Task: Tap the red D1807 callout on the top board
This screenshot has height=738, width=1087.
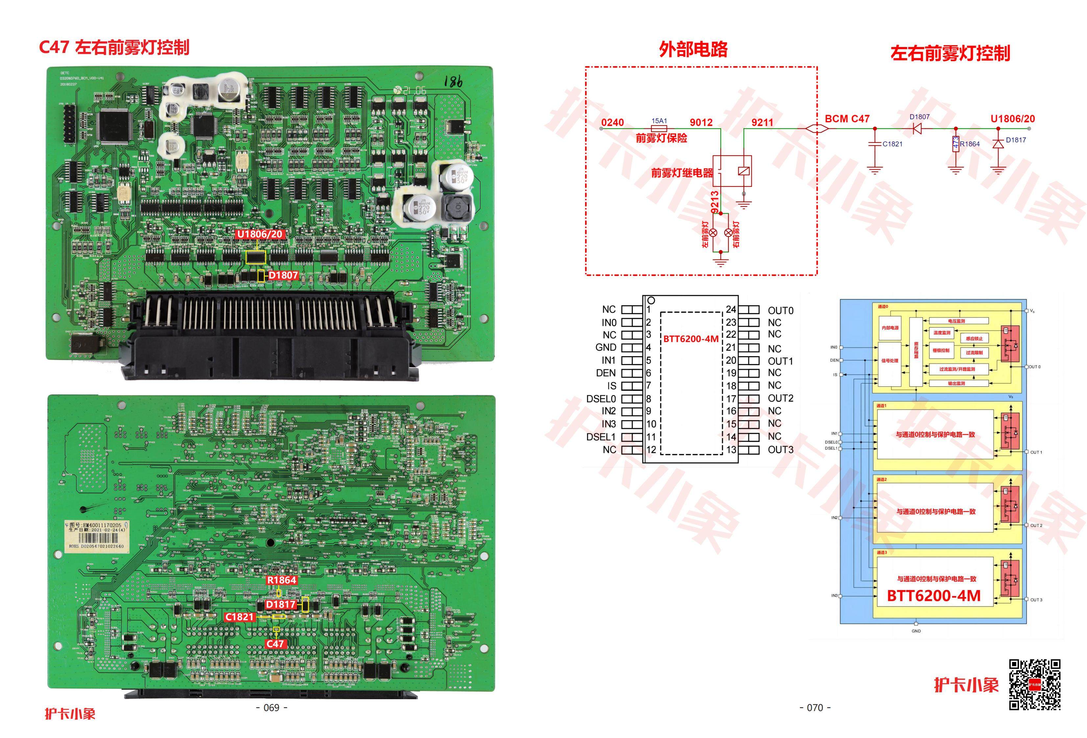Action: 283,275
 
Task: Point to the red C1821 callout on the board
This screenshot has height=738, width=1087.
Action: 240,617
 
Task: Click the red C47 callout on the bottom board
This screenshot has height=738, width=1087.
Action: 275,644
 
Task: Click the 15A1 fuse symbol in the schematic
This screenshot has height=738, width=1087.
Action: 659,128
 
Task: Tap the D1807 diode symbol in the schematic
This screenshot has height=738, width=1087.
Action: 917,128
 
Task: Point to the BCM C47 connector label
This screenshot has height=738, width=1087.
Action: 847,119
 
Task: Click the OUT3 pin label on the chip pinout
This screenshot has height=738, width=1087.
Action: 781,450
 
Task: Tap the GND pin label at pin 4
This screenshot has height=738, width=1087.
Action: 606,348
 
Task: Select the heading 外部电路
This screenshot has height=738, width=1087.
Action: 693,49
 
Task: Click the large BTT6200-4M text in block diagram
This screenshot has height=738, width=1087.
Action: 933,596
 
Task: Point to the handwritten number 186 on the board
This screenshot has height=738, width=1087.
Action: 453,82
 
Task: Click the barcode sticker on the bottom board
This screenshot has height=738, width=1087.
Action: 96,535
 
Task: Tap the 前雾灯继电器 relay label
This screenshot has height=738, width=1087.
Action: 682,173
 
